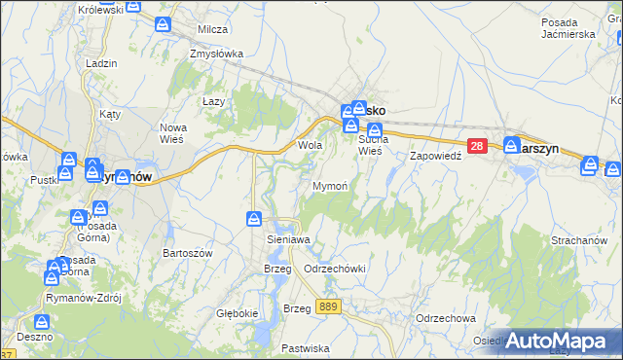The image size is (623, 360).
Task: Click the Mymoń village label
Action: click(330, 185)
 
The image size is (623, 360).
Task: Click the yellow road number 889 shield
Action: click(329, 306)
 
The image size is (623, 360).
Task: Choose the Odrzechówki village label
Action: click(334, 269)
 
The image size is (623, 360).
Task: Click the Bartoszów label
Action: click(189, 252)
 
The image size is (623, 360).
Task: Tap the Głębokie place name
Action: click(238, 313)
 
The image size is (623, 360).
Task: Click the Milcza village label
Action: click(212, 29)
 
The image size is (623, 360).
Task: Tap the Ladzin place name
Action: click(101, 62)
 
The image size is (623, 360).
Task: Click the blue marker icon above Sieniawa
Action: click(254, 218)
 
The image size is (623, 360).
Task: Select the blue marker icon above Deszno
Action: click(43, 321)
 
